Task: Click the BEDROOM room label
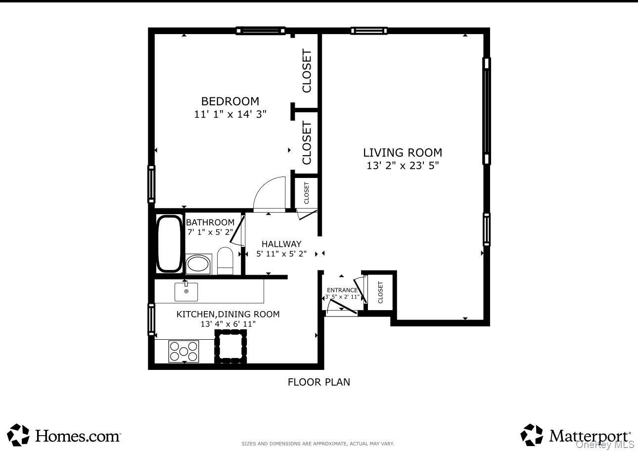click(230, 101)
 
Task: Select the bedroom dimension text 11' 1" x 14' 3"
click(230, 114)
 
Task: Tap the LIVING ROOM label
click(403, 153)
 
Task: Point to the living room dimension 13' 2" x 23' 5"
click(403, 166)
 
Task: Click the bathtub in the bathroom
click(169, 243)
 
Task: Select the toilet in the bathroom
click(225, 261)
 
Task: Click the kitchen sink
click(186, 292)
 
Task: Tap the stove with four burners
click(183, 351)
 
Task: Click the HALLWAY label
click(281, 244)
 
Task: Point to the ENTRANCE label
click(342, 290)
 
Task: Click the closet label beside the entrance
click(380, 292)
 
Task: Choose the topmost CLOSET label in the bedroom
click(307, 71)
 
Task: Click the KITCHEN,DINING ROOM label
click(228, 314)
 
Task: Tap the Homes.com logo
click(64, 435)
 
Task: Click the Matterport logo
click(576, 435)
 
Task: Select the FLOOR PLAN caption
click(319, 382)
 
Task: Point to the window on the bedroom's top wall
click(261, 31)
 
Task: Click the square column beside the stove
click(230, 346)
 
